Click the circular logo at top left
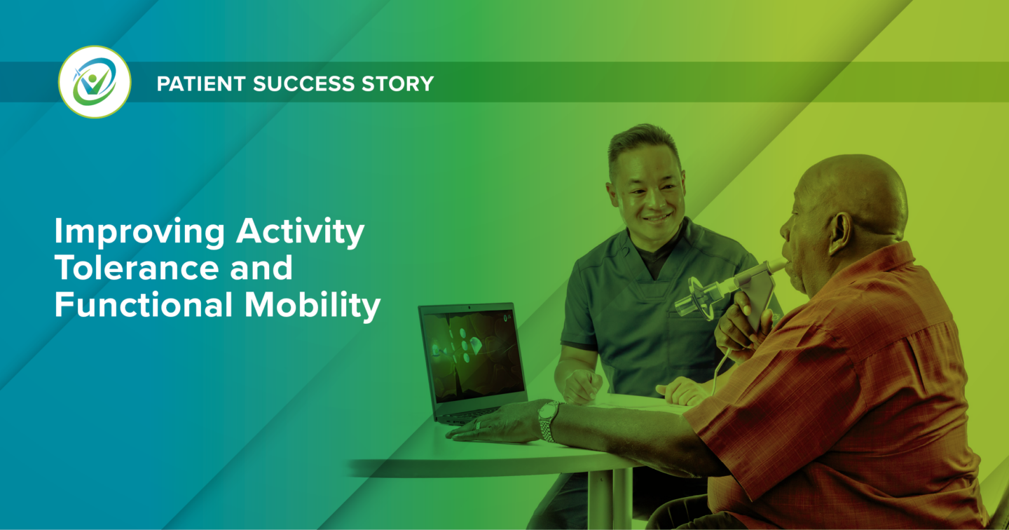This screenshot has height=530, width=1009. tap(95, 82)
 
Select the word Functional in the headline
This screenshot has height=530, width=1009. tap(143, 306)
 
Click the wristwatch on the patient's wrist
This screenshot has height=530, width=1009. tap(547, 420)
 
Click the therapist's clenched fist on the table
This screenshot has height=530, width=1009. tap(584, 385)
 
